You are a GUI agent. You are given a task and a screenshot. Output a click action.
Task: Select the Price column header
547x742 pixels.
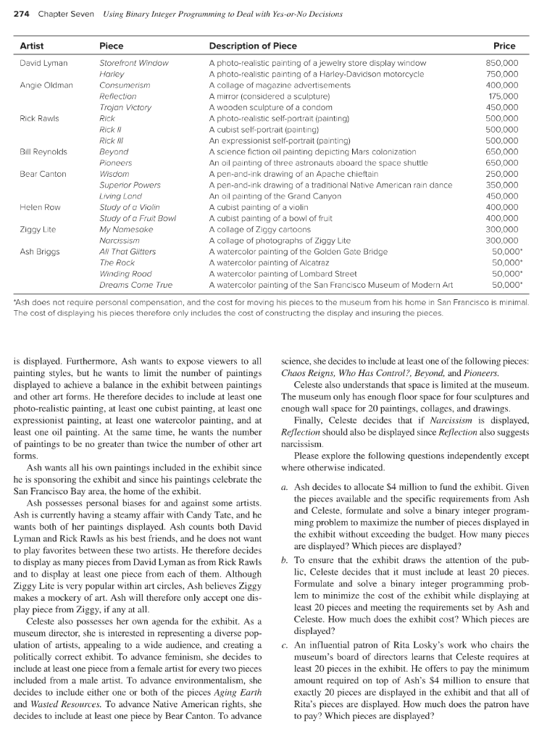tap(506, 46)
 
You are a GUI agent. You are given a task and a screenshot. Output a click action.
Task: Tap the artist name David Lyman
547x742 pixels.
tap(43, 63)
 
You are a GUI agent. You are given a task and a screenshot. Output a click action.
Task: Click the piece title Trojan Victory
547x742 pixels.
tap(125, 107)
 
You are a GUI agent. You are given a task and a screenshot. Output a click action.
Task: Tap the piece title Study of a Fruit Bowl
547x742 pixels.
tap(134, 218)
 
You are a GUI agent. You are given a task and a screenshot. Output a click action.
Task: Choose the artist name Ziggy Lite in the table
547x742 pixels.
tap(37, 229)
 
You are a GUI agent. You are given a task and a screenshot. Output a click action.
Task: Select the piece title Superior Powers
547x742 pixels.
tap(130, 185)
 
